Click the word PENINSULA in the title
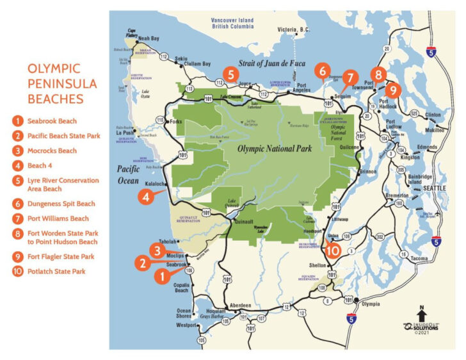(62, 83)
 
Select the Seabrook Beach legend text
(52, 120)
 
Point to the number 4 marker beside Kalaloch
(147, 197)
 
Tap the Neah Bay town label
(149, 38)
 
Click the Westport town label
(186, 326)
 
